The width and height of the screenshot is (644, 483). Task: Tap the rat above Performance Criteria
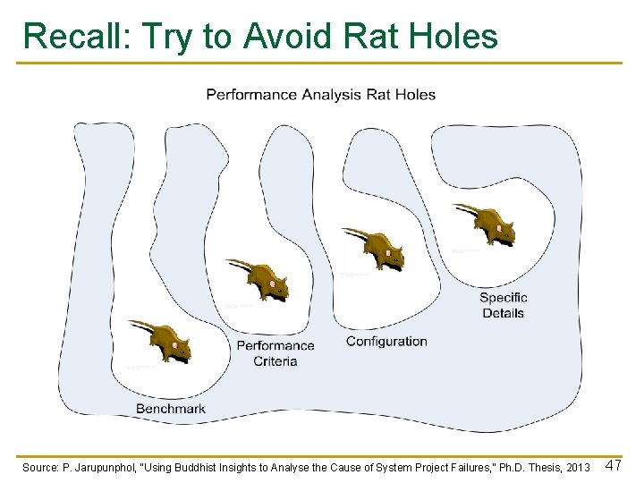click(260, 280)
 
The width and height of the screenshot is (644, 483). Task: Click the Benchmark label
click(171, 409)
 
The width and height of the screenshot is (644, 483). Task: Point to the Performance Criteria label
click(275, 353)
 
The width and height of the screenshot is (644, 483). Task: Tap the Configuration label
click(386, 341)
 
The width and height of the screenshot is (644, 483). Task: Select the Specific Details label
click(504, 305)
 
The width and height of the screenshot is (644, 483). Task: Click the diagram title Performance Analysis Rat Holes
click(321, 94)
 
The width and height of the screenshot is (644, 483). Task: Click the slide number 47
click(614, 466)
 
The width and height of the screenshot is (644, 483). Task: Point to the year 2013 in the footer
click(578, 468)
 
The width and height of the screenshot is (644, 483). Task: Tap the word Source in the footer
click(40, 468)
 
